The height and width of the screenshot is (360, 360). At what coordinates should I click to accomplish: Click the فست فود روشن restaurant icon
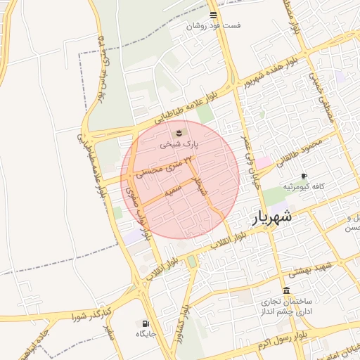[213, 15]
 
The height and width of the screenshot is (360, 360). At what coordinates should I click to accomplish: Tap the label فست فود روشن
[213, 26]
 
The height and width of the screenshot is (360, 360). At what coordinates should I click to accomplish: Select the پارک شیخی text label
[179, 144]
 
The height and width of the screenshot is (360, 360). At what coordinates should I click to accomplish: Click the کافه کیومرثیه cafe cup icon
[304, 176]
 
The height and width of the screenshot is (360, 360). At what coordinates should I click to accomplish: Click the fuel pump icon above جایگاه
[146, 323]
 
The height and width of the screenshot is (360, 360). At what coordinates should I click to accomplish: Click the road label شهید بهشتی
[325, 268]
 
